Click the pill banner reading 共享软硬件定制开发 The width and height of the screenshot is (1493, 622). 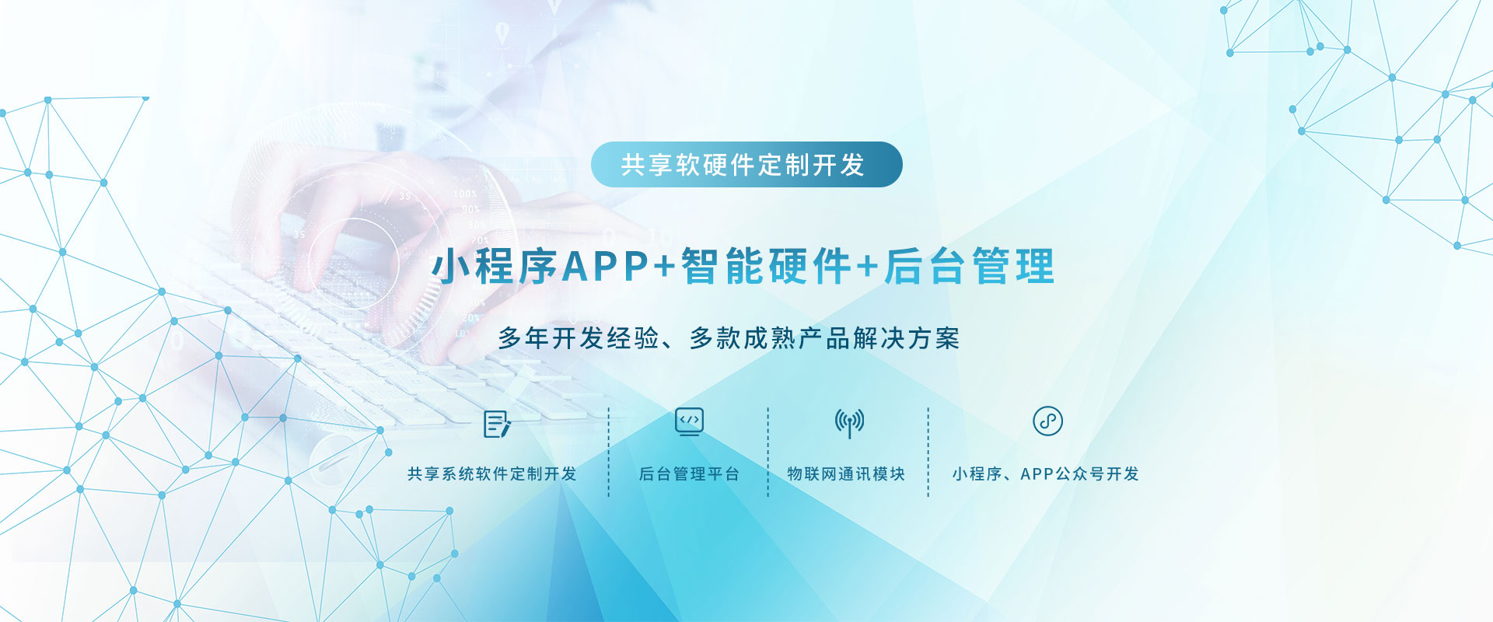746,164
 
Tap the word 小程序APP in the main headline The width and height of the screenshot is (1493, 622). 541,267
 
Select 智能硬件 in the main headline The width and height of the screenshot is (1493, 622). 767,267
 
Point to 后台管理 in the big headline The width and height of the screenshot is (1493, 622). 970,267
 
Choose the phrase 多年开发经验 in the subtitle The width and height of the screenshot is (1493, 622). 579,338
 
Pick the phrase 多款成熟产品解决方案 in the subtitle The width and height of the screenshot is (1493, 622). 824,338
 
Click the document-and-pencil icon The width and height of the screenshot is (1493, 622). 497,424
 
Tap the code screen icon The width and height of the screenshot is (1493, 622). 689,421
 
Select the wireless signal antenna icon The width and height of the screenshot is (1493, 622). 849,422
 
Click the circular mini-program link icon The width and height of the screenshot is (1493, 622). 1047,421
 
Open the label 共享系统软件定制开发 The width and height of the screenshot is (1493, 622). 492,473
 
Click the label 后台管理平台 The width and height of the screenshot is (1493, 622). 689,473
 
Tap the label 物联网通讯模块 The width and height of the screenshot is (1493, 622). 846,473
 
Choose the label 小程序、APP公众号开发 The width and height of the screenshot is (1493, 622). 1045,473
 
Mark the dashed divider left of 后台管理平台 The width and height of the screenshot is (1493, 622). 609,452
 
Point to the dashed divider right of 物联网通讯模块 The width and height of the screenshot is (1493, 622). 928,452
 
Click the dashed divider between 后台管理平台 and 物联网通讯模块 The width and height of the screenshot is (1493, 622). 768,452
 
